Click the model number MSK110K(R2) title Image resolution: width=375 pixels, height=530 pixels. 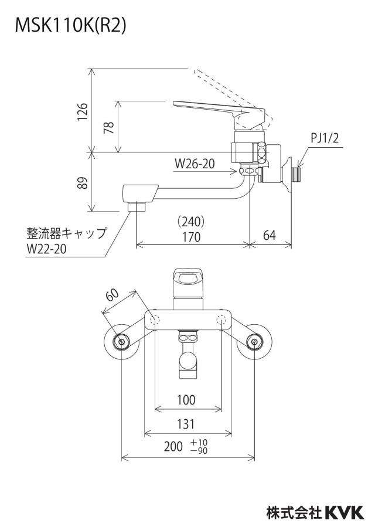pyautogui.click(x=70, y=25)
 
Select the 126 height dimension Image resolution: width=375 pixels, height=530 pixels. pyautogui.click(x=83, y=111)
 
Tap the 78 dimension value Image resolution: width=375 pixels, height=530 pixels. pyautogui.click(x=109, y=127)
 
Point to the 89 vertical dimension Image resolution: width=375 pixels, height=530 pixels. pyautogui.click(x=83, y=182)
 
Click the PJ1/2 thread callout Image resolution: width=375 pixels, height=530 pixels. pyautogui.click(x=325, y=138)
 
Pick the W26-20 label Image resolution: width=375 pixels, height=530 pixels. pyautogui.click(x=195, y=164)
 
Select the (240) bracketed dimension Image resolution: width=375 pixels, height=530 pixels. pyautogui.click(x=191, y=222)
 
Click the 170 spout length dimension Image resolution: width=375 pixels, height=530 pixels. pyautogui.click(x=191, y=237)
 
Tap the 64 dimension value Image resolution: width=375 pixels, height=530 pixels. pyautogui.click(x=270, y=235)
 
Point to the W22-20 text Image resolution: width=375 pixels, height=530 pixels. pyautogui.click(x=47, y=249)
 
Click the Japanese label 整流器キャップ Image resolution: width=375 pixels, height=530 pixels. pyautogui.click(x=67, y=233)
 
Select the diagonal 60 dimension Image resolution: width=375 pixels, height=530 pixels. pyautogui.click(x=112, y=295)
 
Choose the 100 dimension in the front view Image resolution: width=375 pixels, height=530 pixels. pyautogui.click(x=186, y=400)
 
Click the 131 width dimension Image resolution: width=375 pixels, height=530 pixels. pyautogui.click(x=186, y=424)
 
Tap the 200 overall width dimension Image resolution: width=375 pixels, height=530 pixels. pyautogui.click(x=173, y=447)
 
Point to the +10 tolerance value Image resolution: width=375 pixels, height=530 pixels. pyautogui.click(x=199, y=443)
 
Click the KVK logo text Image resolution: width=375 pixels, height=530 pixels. pyautogui.click(x=345, y=512)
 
